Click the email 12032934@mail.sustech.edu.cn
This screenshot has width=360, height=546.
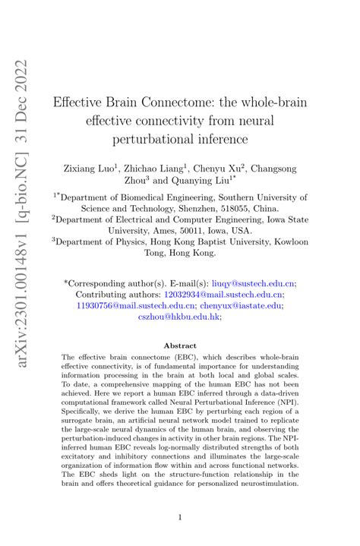coord(223,293)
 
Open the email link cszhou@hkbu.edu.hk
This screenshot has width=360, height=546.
coord(176,318)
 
